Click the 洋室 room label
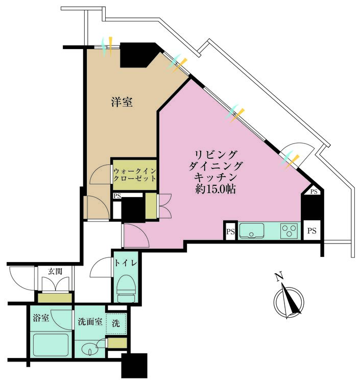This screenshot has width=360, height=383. click(x=123, y=102)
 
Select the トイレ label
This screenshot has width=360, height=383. click(x=125, y=264)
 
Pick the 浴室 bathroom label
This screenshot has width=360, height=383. click(x=42, y=318)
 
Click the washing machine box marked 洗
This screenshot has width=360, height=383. click(x=116, y=323)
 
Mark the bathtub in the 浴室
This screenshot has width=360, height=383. click(x=50, y=345)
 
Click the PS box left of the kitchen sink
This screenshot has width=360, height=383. click(x=230, y=231)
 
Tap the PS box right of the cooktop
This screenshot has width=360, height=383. click(x=312, y=231)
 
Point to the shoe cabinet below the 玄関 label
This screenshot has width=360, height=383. click(x=55, y=298)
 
